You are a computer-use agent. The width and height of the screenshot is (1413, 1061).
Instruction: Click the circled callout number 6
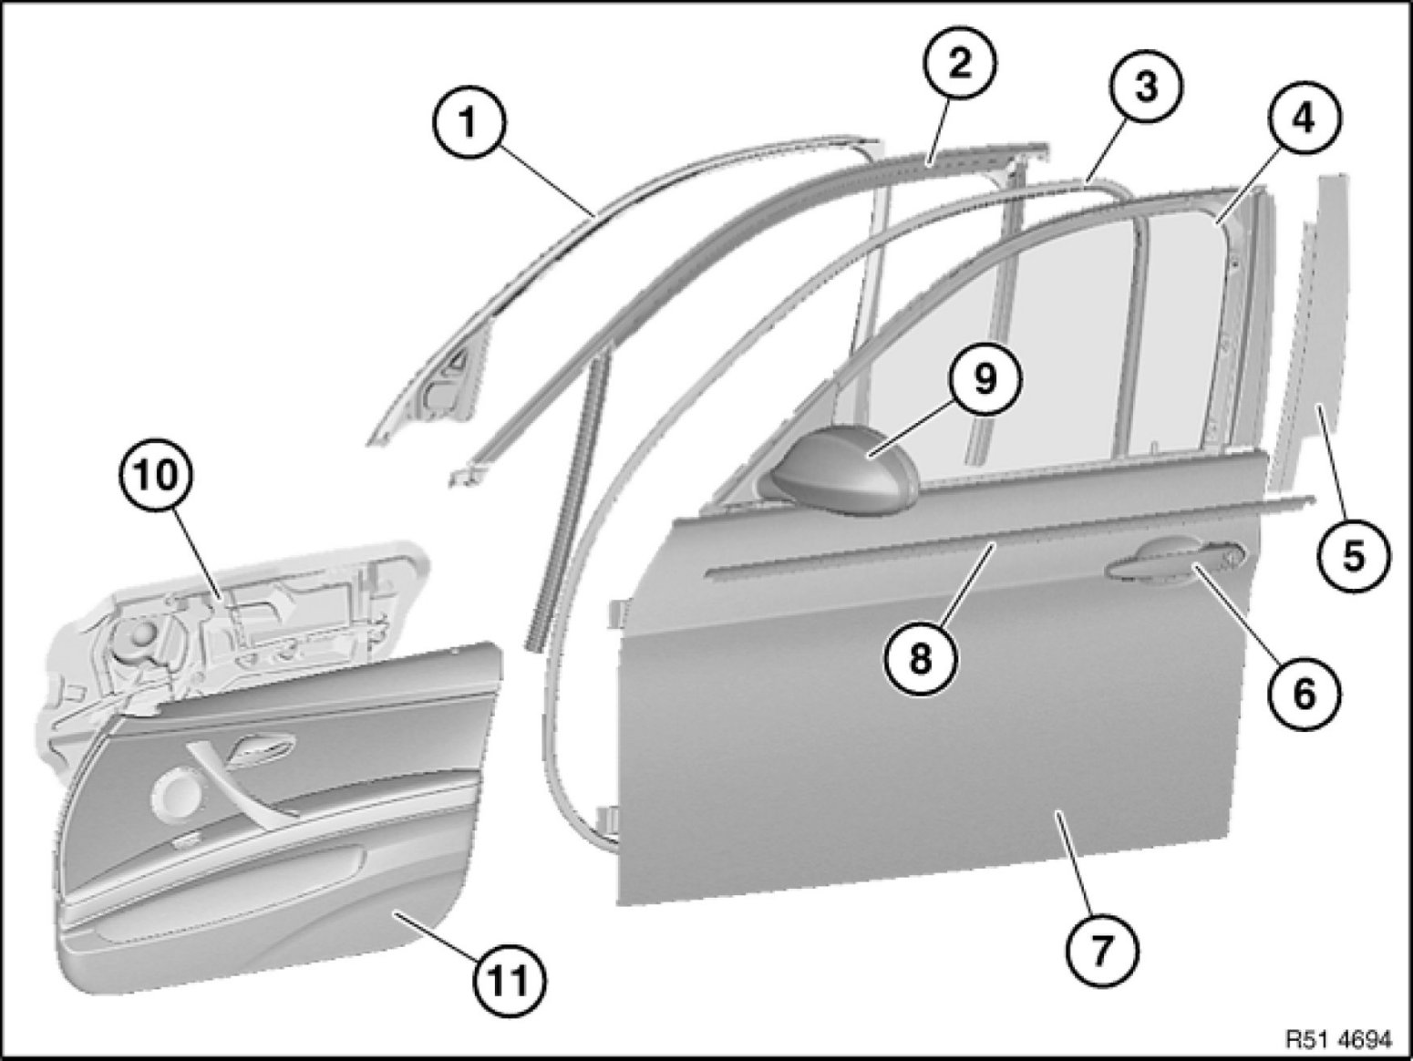coord(1305,694)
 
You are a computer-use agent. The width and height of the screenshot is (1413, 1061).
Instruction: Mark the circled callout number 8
coord(921,658)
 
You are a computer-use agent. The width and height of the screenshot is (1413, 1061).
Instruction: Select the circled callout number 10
coord(155,476)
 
